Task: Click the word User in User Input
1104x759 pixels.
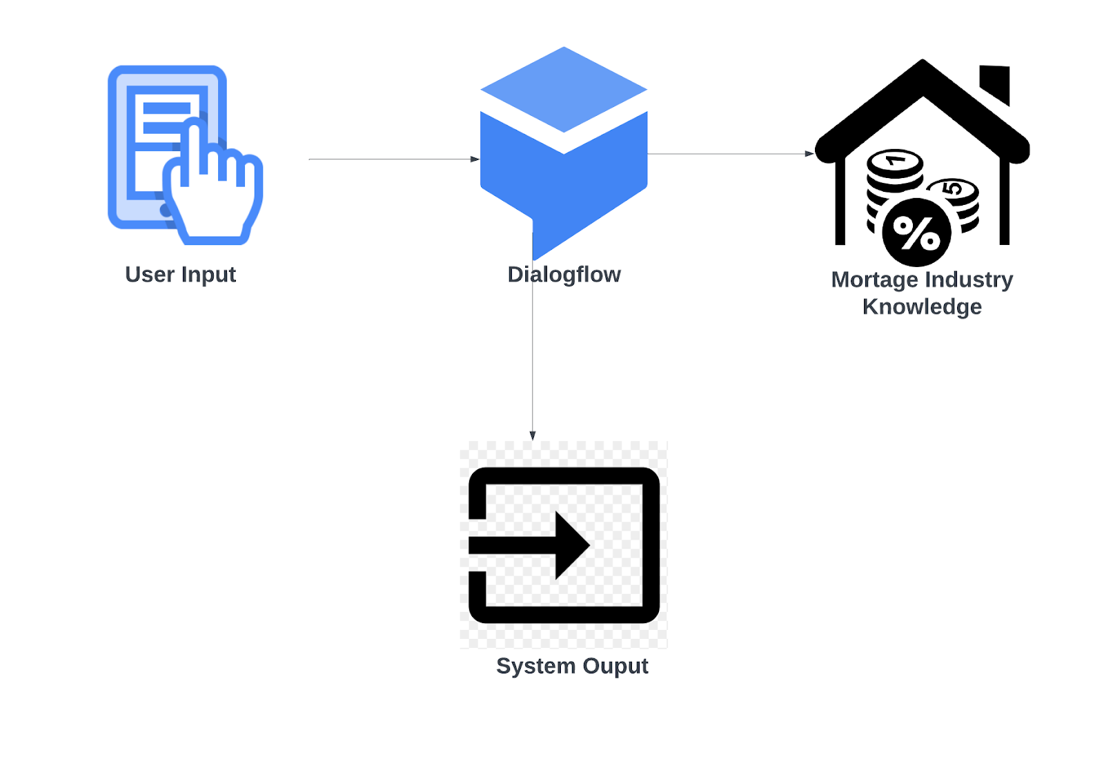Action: coord(149,275)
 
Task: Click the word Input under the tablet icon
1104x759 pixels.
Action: coord(208,275)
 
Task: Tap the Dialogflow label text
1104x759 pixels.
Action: coord(564,275)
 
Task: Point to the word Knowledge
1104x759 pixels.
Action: coord(922,306)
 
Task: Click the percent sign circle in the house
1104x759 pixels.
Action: coord(916,233)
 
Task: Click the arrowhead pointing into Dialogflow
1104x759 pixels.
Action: coord(475,159)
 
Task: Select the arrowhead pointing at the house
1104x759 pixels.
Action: coord(809,154)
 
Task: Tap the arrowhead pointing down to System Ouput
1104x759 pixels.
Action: coord(533,435)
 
